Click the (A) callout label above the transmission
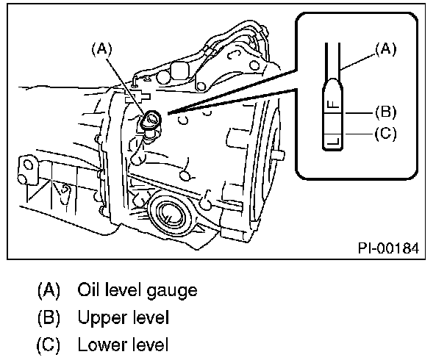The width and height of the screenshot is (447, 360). pos(101,49)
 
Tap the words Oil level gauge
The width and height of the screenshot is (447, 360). pos(137,289)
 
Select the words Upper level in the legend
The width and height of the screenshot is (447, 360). pos(124,317)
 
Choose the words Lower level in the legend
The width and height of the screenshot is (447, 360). pos(124,345)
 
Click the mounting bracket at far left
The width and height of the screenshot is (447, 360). pos(28,170)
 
